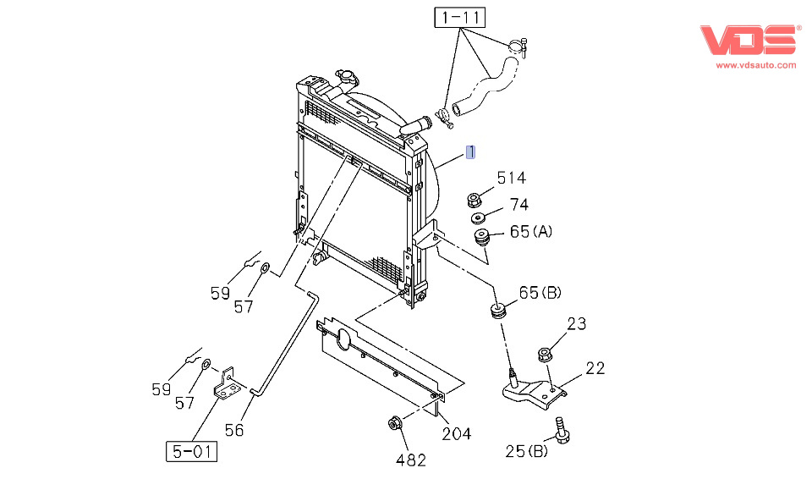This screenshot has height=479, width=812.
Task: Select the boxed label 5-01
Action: click(x=190, y=452)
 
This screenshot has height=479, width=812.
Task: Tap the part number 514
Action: click(x=511, y=178)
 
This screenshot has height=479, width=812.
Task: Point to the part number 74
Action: click(x=518, y=205)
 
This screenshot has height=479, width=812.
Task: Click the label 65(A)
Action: click(x=530, y=231)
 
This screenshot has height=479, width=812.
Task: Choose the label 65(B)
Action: click(x=540, y=293)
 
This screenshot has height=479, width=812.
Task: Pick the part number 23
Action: click(x=576, y=322)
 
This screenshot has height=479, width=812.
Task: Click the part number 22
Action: click(x=595, y=368)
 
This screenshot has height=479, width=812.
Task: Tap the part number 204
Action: click(x=456, y=434)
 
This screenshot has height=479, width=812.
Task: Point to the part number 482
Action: click(x=410, y=460)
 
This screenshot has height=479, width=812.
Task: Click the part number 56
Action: click(x=234, y=430)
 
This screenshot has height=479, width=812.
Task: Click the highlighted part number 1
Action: click(x=471, y=152)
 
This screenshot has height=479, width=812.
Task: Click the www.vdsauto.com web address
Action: click(x=756, y=65)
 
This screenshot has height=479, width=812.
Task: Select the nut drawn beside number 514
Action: click(x=475, y=201)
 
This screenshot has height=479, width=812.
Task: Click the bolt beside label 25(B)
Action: click(x=559, y=430)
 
